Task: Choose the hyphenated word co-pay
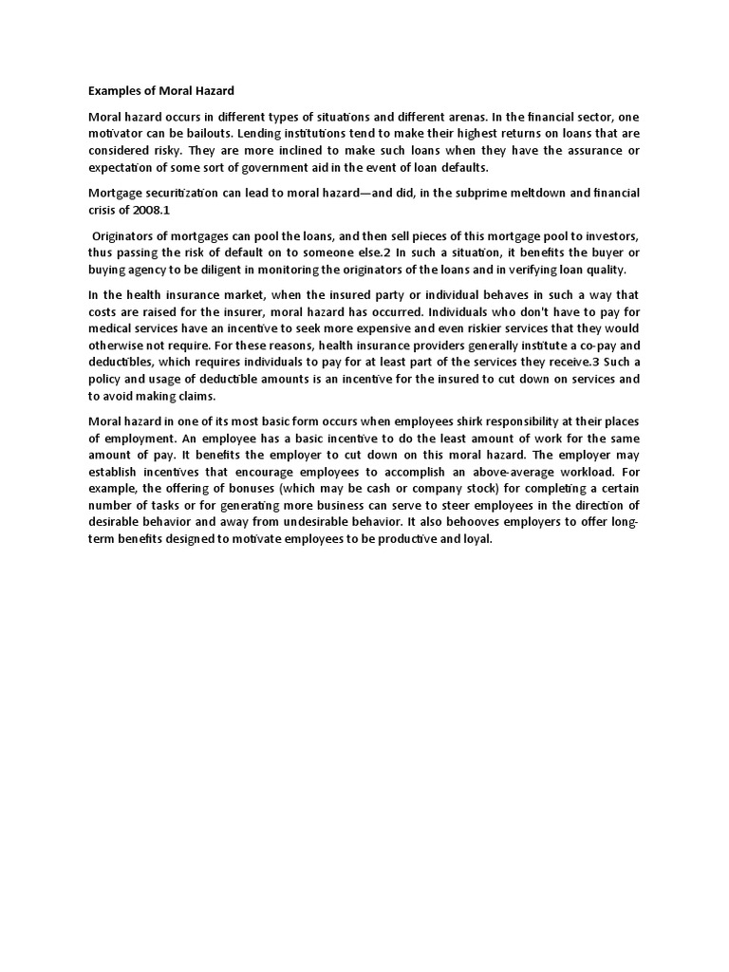point(596,346)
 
